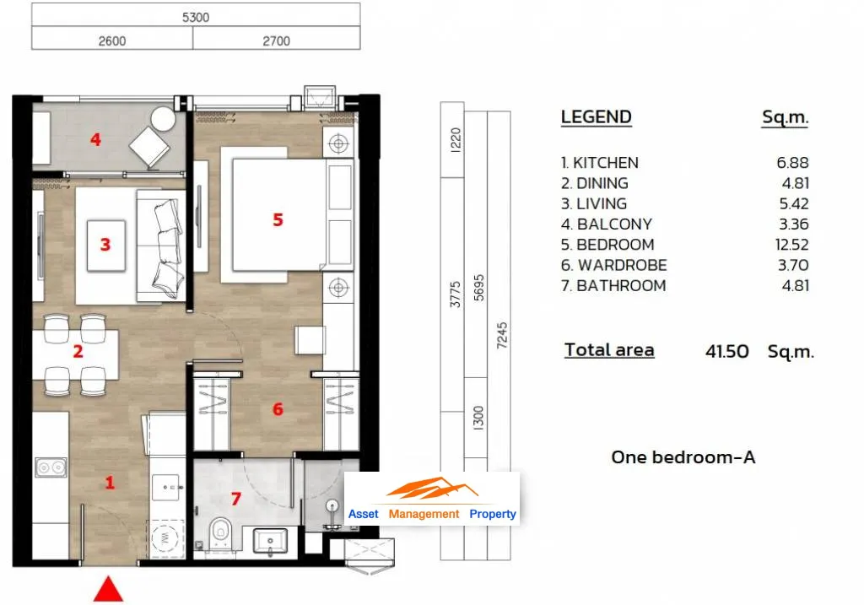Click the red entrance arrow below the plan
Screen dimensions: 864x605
[108, 590]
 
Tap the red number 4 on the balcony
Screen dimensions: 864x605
[95, 139]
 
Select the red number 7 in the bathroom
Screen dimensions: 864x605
[236, 499]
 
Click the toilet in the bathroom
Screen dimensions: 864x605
[220, 531]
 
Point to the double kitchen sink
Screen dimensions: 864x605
[51, 467]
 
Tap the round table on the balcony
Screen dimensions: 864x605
[163, 118]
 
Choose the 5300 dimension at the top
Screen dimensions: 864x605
[196, 17]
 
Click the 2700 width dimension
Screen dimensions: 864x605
[276, 41]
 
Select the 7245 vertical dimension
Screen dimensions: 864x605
[501, 336]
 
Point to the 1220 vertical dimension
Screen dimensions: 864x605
[455, 140]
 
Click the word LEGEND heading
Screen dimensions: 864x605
[597, 116]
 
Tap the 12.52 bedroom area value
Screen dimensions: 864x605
[791, 245]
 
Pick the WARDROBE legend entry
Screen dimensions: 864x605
[614, 265]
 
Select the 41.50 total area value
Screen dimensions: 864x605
[726, 351]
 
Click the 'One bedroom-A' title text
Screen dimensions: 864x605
[683, 456]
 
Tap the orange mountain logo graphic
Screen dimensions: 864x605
[432, 489]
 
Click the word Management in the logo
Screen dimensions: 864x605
[424, 514]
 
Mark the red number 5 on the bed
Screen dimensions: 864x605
[278, 220]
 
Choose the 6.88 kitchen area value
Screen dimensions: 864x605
[792, 163]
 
